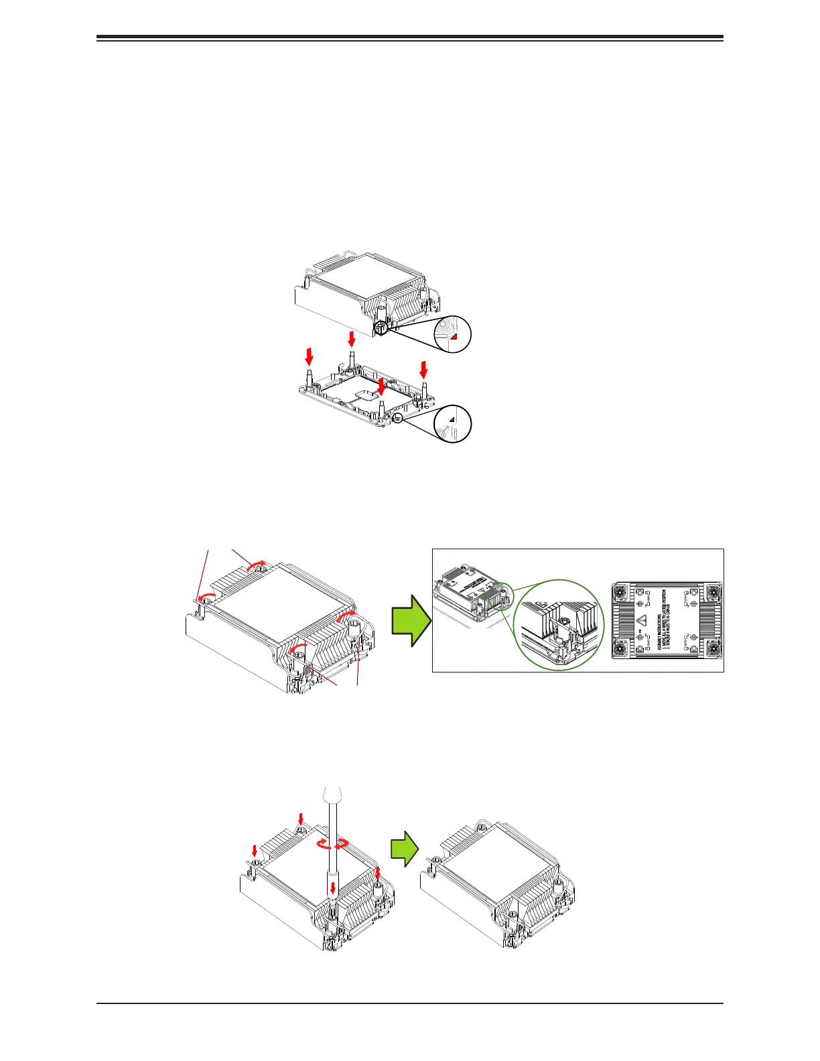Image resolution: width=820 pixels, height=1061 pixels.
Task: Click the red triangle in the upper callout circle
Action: coord(453,338)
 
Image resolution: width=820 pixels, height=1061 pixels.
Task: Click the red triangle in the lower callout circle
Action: coord(452,419)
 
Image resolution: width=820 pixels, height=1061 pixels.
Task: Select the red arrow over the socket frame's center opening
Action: coord(381,386)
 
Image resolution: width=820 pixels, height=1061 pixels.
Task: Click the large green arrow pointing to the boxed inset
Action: coord(411,620)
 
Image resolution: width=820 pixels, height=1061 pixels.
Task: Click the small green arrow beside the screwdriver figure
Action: coord(405,850)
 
